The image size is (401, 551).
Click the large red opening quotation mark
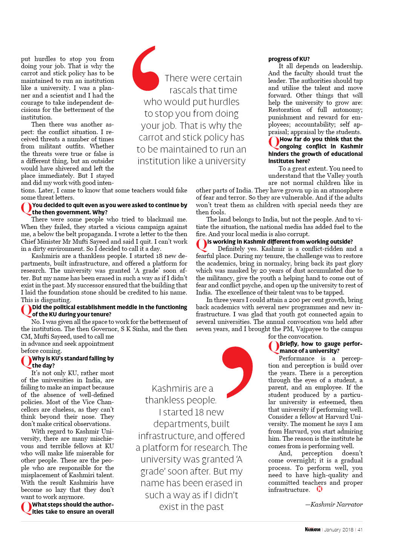click(x=145, y=68)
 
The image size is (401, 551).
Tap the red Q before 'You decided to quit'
click(x=26, y=208)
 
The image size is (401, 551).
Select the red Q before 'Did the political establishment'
click(x=26, y=310)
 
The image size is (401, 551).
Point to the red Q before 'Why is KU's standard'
click(x=26, y=362)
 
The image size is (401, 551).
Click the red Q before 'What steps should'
click(x=26, y=508)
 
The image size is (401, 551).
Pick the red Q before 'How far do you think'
click(x=274, y=142)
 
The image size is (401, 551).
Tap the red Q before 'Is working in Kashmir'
click(x=201, y=245)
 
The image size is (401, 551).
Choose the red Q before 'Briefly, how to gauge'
click(x=274, y=347)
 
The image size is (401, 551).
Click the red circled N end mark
click(x=320, y=489)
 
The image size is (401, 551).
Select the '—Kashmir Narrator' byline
click(x=334, y=504)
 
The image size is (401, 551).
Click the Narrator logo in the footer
click(x=312, y=530)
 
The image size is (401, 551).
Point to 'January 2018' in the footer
click(x=338, y=530)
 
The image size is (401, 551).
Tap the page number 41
click(x=360, y=530)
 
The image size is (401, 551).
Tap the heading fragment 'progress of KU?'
click(x=289, y=59)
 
